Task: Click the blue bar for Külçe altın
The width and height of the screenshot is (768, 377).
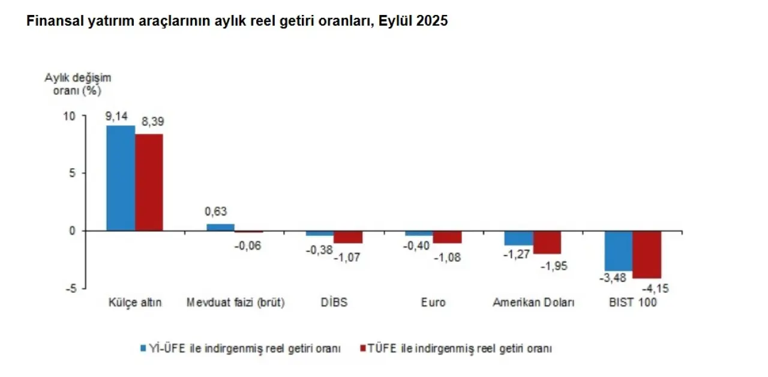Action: pyautogui.click(x=121, y=178)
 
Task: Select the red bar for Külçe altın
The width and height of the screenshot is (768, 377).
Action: pyautogui.click(x=149, y=182)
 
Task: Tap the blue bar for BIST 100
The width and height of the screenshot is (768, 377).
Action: pyautogui.click(x=618, y=250)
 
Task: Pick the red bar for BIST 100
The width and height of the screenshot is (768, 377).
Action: pyautogui.click(x=647, y=254)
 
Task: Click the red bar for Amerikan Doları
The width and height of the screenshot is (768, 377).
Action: pyautogui.click(x=547, y=242)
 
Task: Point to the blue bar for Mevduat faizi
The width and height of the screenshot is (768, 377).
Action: pyautogui.click(x=220, y=228)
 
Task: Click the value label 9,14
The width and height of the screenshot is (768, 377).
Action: pyautogui.click(x=117, y=116)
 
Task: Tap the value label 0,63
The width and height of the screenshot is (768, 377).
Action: pyautogui.click(x=216, y=212)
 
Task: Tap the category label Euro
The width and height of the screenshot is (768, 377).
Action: pyautogui.click(x=433, y=303)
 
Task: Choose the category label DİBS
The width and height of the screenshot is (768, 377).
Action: pyautogui.click(x=334, y=303)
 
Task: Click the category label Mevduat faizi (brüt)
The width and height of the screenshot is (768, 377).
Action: pyautogui.click(x=236, y=303)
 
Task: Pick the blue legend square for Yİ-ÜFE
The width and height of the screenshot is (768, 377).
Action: pyautogui.click(x=143, y=348)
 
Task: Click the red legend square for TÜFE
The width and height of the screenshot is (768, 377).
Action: pyautogui.click(x=361, y=348)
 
